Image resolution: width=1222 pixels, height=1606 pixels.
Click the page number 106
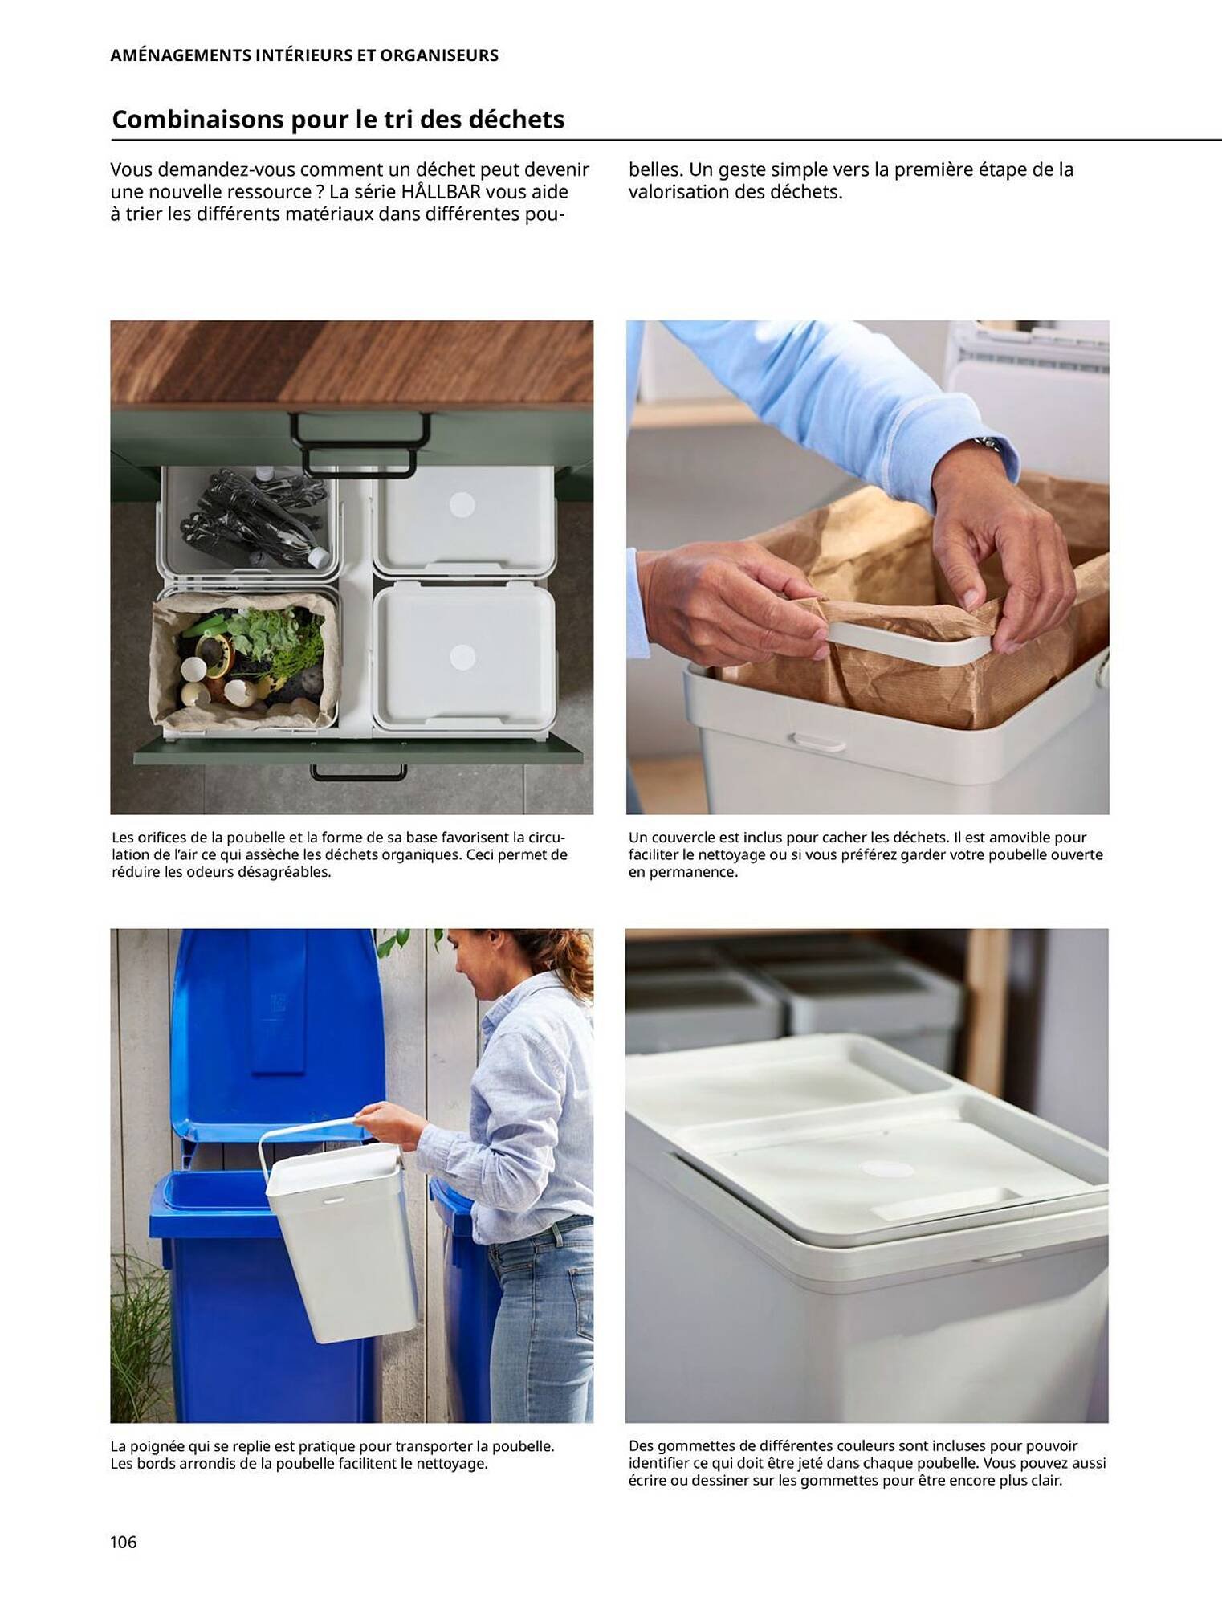[x=124, y=1541]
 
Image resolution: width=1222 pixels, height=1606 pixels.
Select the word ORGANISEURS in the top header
[x=438, y=55]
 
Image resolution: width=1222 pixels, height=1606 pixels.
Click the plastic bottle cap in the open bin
[x=319, y=556]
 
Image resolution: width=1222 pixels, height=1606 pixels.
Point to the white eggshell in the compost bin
[x=195, y=669]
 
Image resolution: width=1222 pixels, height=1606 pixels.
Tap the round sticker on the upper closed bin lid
[x=462, y=505]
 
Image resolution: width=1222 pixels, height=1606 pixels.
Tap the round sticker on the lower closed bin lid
[x=462, y=657]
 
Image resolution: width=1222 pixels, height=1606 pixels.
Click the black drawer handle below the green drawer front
[x=358, y=772]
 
